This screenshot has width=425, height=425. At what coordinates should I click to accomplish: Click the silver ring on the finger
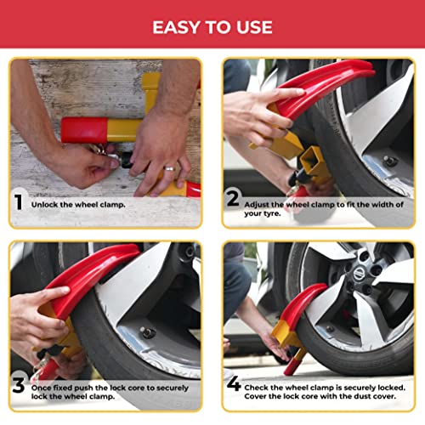pyautogui.click(x=169, y=168)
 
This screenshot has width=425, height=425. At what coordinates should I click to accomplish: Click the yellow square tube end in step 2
pyautogui.click(x=316, y=156)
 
